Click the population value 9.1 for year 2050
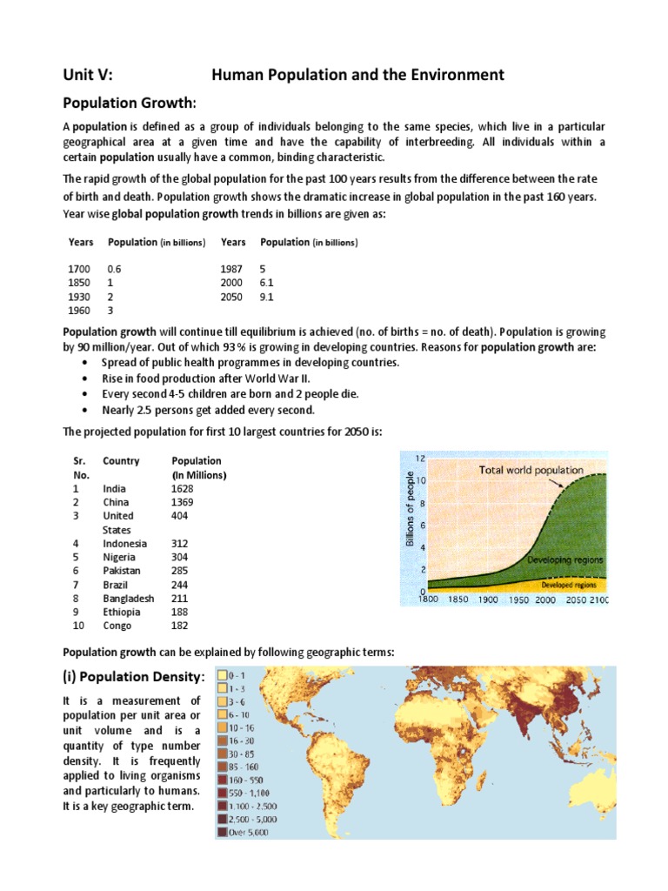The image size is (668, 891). point(267,297)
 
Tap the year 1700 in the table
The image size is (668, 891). point(78,270)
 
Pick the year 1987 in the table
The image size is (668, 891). point(232,270)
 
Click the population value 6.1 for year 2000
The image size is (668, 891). point(267,283)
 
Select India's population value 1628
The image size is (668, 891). point(184,489)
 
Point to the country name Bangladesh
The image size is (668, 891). point(128,598)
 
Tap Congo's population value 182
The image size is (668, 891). point(181,625)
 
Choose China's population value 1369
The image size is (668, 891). point(184,502)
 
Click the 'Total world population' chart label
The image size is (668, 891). point(530,470)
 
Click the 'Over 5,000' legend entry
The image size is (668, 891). point(250,833)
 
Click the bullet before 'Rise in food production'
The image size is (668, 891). point(83,379)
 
